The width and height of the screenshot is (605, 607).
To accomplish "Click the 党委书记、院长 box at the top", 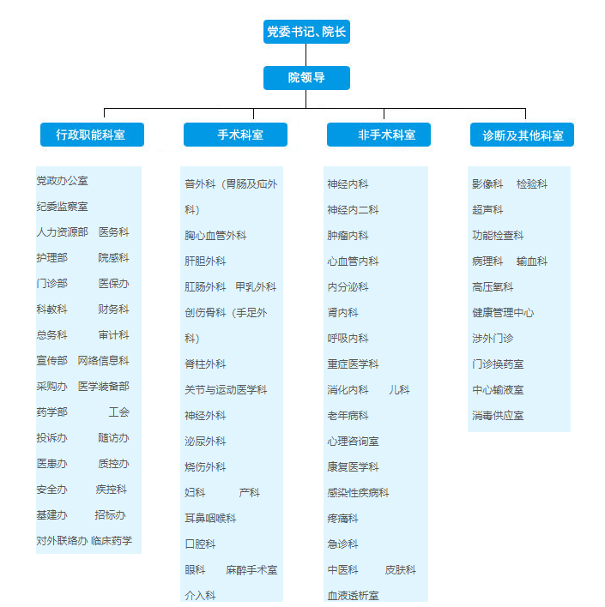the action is point(306,32).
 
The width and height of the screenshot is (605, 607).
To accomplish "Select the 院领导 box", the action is point(306,78).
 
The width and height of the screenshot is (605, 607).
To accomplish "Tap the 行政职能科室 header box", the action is point(92,135).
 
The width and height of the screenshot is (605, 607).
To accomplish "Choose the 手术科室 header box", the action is point(235,135).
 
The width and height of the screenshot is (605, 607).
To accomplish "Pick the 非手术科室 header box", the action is point(378,135).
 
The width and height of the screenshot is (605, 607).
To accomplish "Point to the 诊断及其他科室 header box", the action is point(522,135).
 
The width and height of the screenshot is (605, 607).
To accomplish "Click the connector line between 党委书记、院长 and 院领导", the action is point(306,55).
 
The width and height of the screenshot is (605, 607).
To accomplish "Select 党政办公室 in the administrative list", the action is point(62,181).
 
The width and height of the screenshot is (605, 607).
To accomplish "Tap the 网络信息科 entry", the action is point(103,361).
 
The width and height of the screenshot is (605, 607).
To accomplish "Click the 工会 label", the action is point(118,412).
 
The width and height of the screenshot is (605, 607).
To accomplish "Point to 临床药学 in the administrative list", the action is point(112,541).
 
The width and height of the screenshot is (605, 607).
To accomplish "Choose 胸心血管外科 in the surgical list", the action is point(215,236).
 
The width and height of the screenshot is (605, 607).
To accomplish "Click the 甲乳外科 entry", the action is point(256,287).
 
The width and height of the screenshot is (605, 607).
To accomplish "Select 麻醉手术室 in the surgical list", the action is point(251,570).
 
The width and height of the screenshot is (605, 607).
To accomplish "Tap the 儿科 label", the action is point(399,390).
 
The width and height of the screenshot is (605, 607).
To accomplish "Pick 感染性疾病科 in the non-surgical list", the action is point(358,493).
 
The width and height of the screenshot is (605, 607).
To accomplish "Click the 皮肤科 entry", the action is point(401,570).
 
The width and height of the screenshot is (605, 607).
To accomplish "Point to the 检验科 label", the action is point(532,184).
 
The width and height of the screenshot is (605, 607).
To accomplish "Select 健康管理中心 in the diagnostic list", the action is point(503,313).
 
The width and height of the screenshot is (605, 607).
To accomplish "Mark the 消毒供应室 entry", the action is point(498,416).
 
